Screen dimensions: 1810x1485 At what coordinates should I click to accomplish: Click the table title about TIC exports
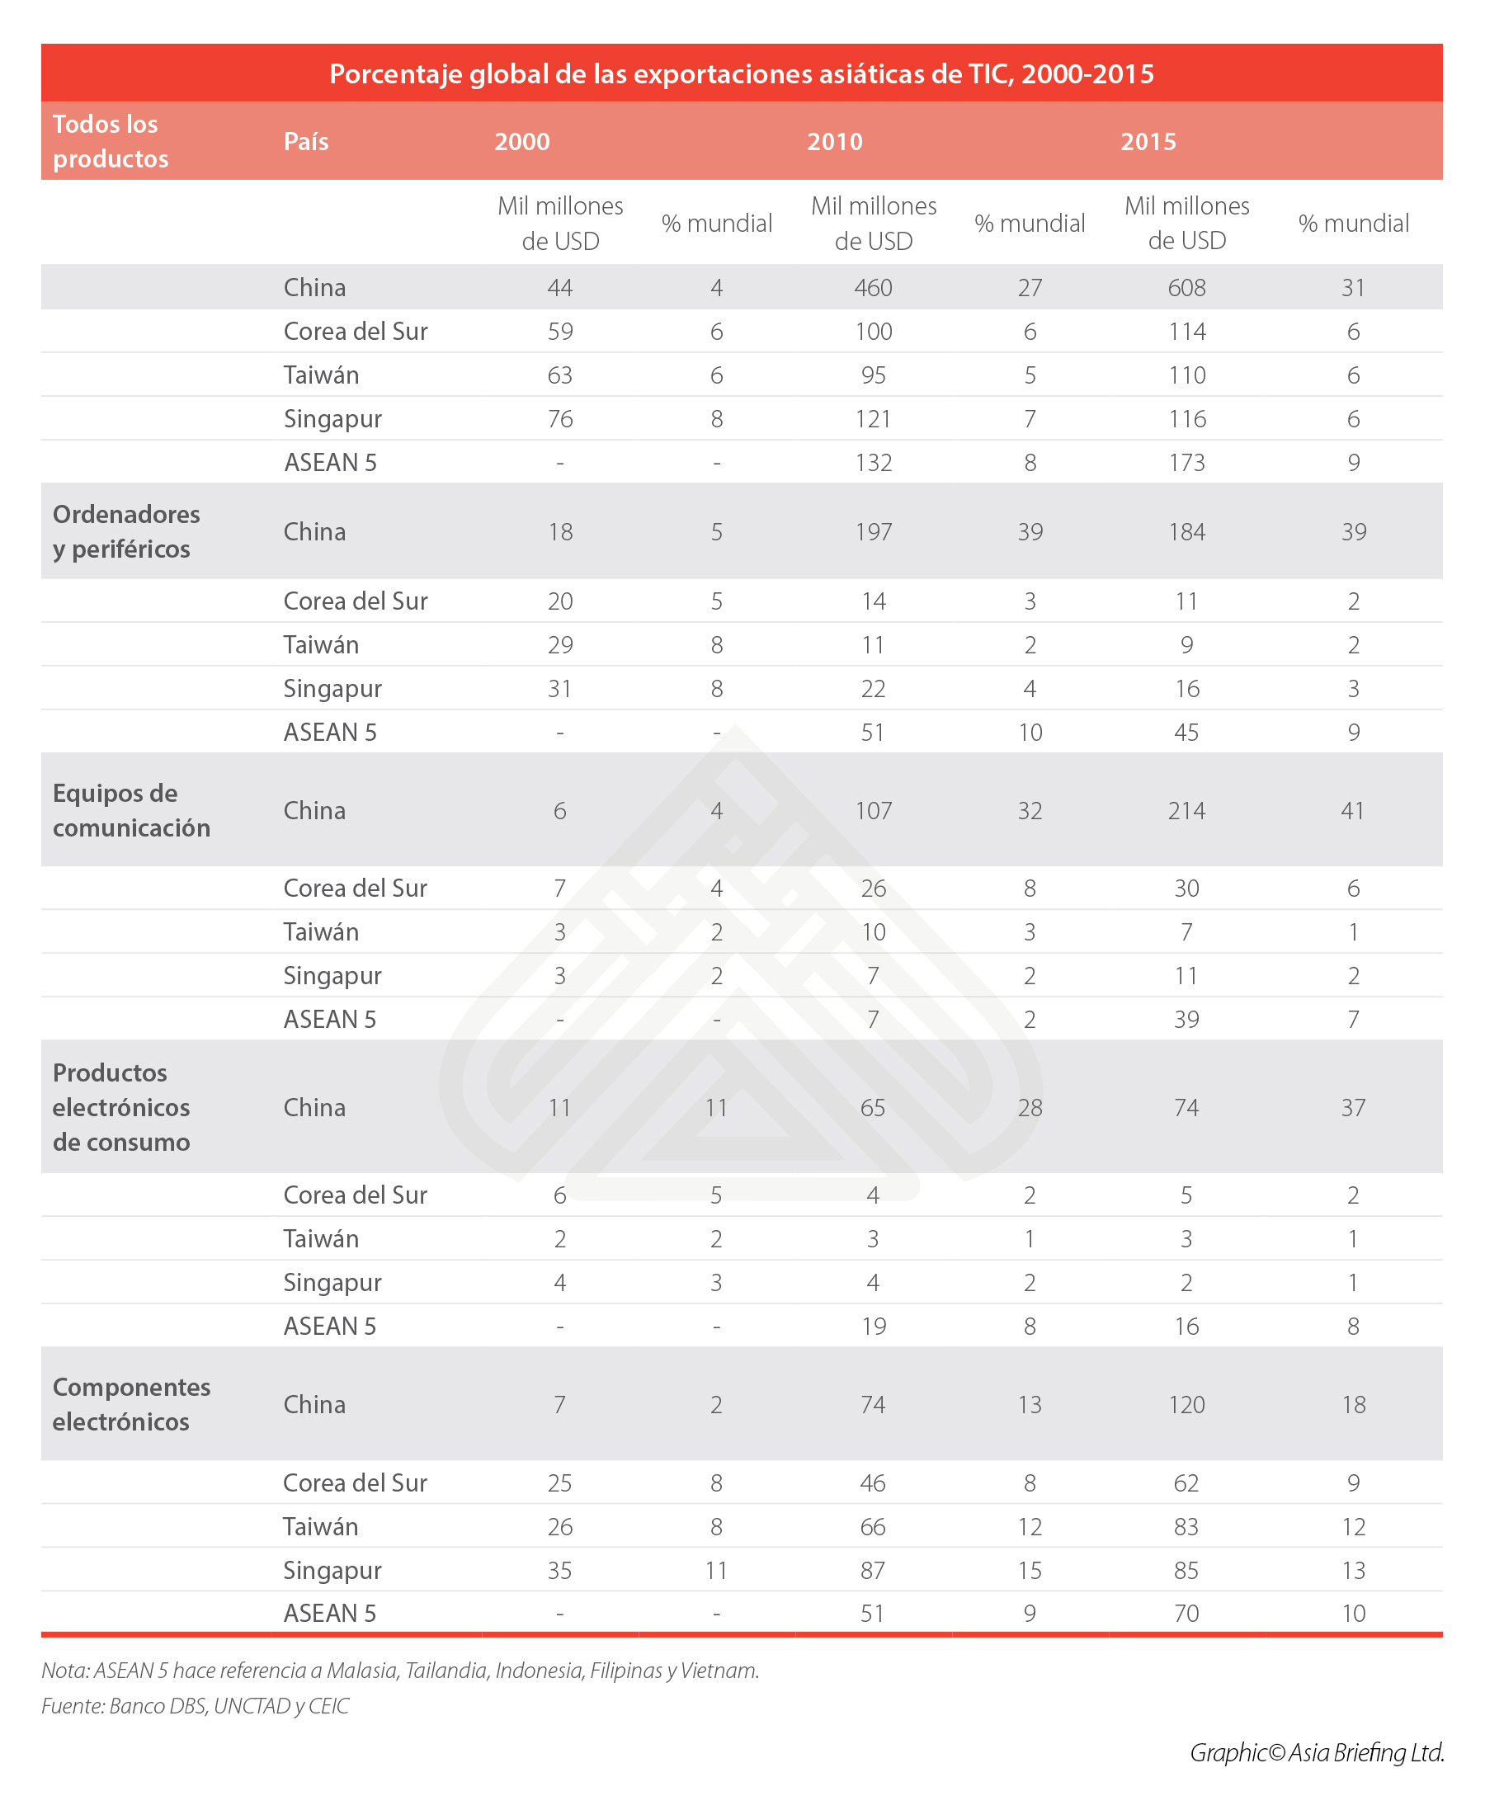point(742,74)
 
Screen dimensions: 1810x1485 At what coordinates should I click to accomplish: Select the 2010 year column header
point(835,142)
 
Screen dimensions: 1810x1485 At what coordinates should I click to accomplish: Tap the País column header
point(306,142)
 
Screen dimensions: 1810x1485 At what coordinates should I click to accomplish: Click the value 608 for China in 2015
point(1186,287)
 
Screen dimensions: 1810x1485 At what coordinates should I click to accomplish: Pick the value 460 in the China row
point(873,287)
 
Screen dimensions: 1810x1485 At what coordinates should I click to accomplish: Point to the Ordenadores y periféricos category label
point(126,531)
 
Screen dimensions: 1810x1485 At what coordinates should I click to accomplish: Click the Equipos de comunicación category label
point(132,810)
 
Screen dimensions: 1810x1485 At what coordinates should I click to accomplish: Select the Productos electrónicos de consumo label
point(121,1107)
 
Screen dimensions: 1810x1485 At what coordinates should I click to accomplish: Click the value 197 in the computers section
point(873,532)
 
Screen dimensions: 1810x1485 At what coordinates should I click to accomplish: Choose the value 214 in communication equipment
point(1186,811)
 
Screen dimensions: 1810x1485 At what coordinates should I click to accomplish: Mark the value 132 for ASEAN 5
point(873,463)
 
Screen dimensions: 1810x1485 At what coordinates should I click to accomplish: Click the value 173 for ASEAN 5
point(1186,463)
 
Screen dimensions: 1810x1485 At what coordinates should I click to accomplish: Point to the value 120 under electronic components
point(1186,1405)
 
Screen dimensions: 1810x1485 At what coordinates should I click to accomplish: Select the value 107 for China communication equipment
point(873,811)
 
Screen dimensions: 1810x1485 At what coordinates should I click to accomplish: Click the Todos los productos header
point(111,142)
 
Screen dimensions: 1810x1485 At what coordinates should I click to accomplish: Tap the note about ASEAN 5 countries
point(400,1671)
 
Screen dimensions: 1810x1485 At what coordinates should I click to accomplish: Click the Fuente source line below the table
point(195,1707)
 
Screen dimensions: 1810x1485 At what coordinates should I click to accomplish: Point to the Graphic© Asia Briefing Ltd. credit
point(1317,1753)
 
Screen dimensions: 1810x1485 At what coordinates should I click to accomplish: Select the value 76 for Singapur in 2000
point(559,419)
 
